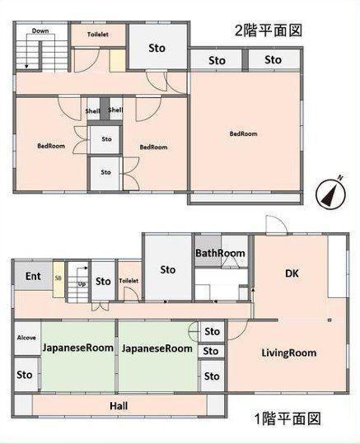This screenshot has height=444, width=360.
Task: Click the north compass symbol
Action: click(x=330, y=194)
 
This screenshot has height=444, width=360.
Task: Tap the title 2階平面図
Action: click(x=268, y=30)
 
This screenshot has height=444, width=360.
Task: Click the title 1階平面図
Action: click(x=288, y=418)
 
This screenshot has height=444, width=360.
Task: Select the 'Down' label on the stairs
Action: click(x=40, y=30)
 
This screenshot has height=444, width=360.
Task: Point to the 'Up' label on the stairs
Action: click(x=82, y=283)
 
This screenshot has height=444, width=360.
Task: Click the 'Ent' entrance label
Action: click(x=33, y=276)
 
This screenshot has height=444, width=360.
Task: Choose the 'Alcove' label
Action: click(x=26, y=338)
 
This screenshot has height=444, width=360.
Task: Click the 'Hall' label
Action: click(x=119, y=406)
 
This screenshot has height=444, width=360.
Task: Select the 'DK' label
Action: click(x=292, y=273)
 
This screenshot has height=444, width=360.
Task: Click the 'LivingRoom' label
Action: click(x=288, y=353)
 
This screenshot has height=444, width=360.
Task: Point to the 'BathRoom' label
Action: click(x=220, y=253)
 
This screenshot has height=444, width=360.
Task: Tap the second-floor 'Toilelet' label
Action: click(x=98, y=35)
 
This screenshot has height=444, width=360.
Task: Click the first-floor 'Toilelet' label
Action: click(x=129, y=281)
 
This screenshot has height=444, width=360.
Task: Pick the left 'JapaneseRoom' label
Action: click(x=78, y=348)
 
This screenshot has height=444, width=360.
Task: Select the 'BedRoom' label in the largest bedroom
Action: click(x=243, y=133)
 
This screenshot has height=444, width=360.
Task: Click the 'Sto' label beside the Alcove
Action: click(x=25, y=375)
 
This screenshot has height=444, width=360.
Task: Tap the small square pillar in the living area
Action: click(x=330, y=320)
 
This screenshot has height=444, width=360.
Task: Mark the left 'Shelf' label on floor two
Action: click(x=92, y=110)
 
